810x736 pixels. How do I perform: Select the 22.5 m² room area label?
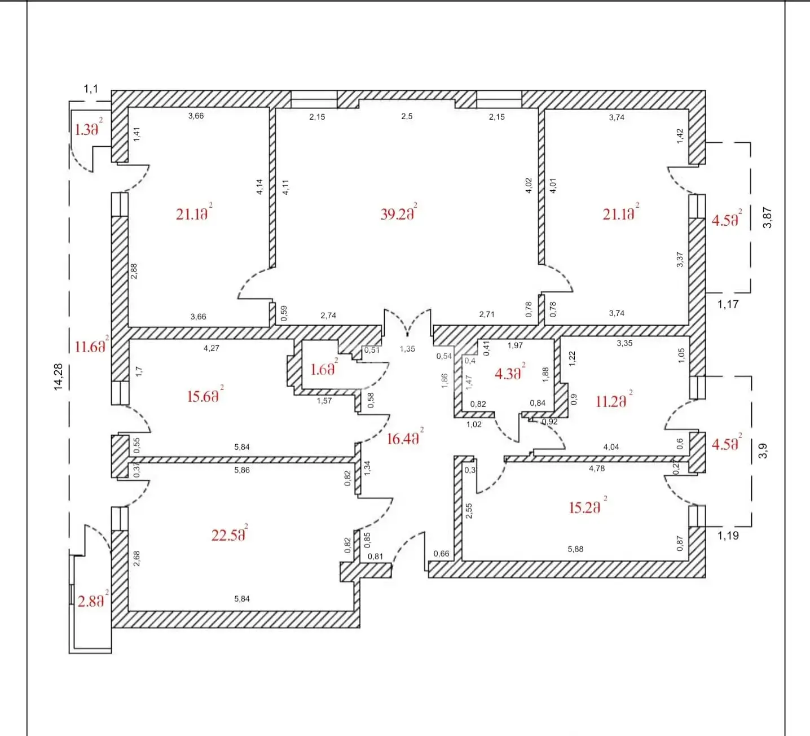pos(230,534)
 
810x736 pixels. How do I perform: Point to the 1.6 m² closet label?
pos(324,368)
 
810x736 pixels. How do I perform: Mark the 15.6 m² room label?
pos(205,395)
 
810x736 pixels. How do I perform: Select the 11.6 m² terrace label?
pos(91,345)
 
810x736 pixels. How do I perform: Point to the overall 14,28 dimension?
pos(59,377)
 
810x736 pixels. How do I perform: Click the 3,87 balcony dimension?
pos(767,218)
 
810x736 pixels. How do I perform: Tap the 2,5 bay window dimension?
pos(407,116)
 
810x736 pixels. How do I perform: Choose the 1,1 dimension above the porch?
pos(91,89)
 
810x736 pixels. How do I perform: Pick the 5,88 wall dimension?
pos(575,549)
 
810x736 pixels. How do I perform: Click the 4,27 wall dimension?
pos(212,348)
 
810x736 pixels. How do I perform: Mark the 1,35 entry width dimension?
pos(407,349)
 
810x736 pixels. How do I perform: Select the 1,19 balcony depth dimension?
pos(728,536)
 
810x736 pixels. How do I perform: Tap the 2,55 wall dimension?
pos(469,511)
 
